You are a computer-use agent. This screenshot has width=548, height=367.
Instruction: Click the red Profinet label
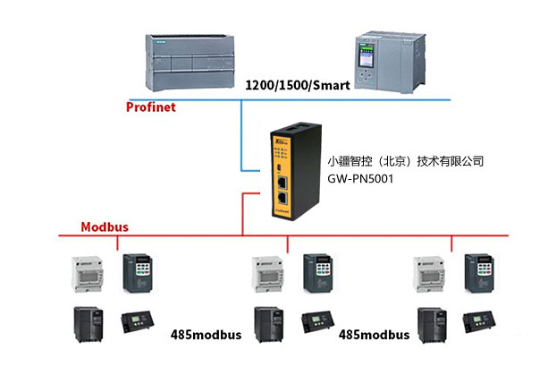150,107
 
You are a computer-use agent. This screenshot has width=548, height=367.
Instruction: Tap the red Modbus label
105,227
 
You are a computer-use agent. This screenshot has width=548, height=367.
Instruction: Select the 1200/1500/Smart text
298,85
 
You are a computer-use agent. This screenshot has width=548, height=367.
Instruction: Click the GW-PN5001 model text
360,179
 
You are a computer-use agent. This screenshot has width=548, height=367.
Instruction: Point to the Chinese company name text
405,161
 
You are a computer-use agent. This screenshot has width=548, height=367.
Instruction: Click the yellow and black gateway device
296,172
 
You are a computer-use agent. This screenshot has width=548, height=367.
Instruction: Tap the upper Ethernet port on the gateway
282,182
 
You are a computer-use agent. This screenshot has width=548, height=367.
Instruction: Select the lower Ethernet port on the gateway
282,198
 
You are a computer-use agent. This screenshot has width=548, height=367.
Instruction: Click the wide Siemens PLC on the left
190,63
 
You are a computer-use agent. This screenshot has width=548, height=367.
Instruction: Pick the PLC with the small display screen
390,62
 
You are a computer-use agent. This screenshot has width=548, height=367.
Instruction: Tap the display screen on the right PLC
366,55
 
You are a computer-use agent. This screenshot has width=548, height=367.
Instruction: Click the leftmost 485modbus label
206,335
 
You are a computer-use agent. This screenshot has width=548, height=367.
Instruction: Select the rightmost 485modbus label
374,335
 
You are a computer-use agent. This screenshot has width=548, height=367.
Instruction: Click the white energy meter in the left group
88,274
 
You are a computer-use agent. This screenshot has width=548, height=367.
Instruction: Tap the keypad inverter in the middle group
318,273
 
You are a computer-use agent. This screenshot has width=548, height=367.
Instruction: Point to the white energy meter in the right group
429,274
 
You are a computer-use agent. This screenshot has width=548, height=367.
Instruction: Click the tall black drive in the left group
89,324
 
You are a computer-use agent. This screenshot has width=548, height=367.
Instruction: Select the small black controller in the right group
479,321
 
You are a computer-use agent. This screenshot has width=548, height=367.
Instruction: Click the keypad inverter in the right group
479,273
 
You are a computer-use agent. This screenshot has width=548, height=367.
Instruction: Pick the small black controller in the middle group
317,321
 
